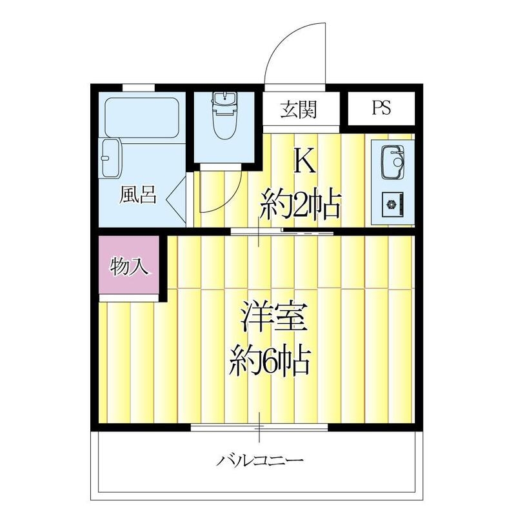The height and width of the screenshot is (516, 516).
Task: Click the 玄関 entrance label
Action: coord(298,110)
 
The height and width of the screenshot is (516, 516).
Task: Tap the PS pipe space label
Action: coord(381,108)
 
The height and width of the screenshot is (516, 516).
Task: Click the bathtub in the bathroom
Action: coord(142,117)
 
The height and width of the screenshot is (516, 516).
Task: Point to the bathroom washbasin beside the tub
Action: coord(111,157)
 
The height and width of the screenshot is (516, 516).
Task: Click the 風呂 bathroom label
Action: coord(137,195)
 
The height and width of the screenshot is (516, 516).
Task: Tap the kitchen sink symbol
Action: coord(392,161)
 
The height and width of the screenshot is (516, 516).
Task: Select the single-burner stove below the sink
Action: coord(392,205)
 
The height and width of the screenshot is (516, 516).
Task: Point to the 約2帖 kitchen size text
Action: coord(300,206)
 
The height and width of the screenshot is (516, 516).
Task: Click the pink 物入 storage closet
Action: coord(130,266)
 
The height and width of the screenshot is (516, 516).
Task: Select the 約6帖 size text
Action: coord(271,362)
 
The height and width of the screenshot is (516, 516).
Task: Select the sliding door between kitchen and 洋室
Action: coord(282,231)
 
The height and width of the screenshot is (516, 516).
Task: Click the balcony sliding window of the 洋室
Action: coord(259,426)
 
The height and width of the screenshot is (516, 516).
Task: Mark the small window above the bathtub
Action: coord(138,87)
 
